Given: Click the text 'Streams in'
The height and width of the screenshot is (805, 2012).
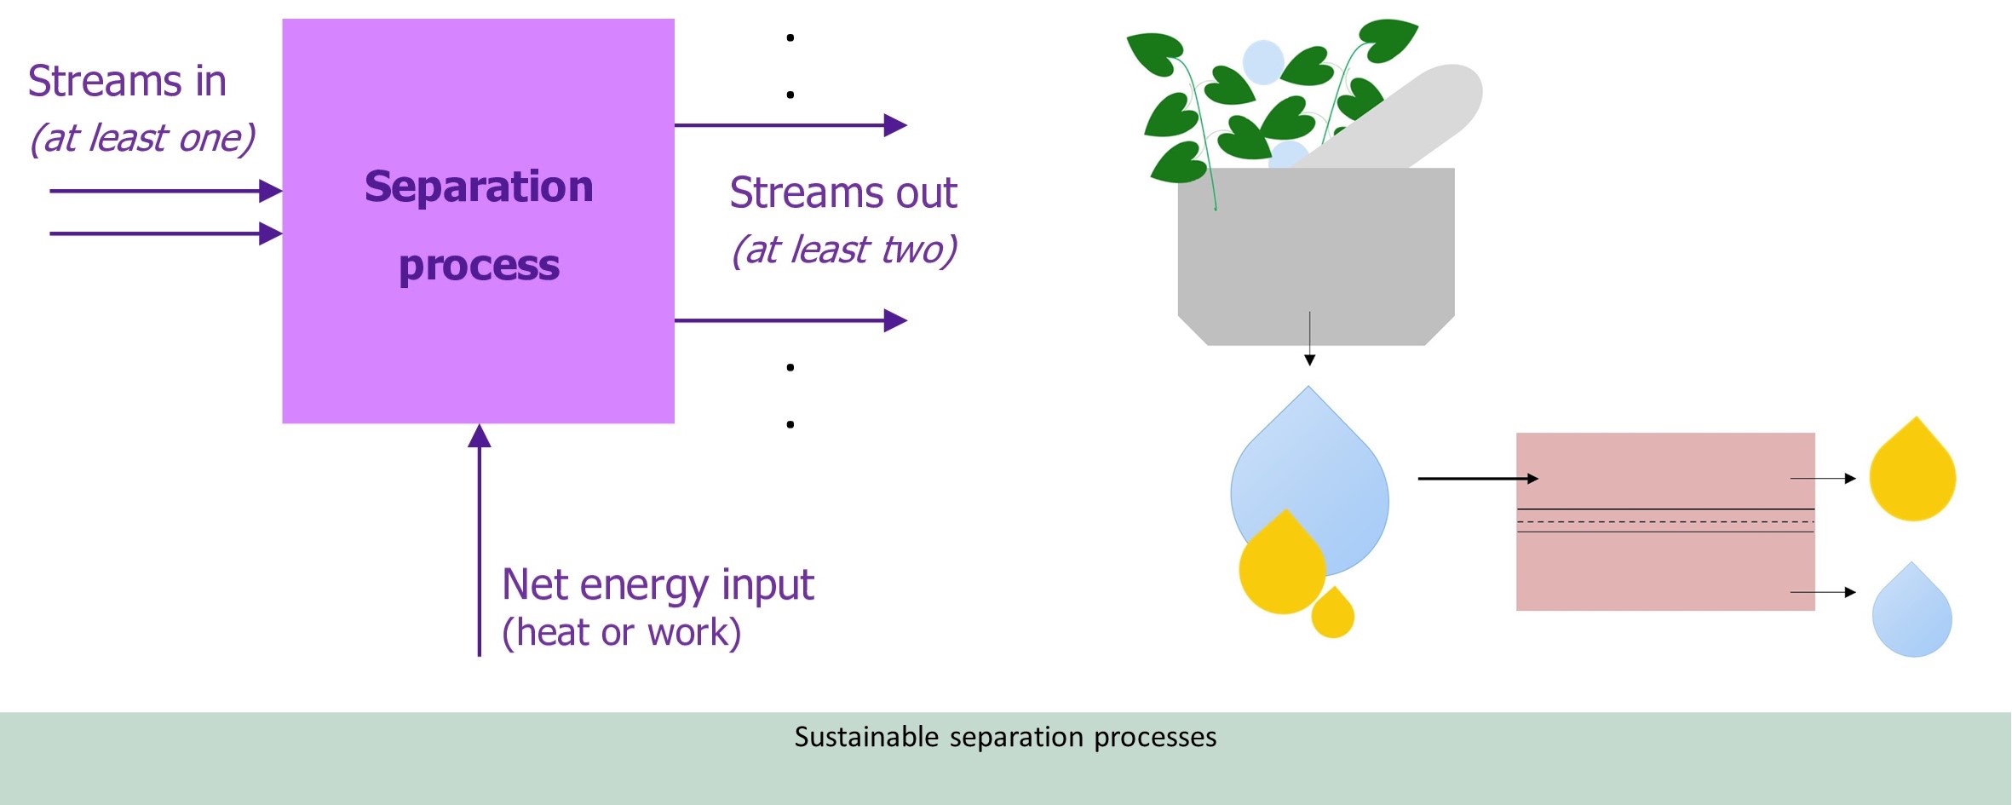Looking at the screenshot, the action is [127, 82].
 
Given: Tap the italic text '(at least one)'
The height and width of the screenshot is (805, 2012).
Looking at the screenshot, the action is [142, 138].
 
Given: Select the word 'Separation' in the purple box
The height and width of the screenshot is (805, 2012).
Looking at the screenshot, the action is [479, 187].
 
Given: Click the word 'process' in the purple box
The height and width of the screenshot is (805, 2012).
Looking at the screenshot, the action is [479, 267].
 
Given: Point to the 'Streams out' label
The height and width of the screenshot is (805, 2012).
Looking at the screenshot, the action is [843, 193].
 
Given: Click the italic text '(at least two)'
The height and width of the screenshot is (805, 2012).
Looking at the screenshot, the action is [843, 250].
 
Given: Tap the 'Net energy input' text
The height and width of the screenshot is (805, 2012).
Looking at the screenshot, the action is [658, 585].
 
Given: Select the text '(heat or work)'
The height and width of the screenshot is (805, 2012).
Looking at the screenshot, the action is [622, 633].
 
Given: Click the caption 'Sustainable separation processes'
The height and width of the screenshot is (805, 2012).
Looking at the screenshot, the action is [1005, 737].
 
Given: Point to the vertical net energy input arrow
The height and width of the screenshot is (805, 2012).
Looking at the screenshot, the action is [480, 540].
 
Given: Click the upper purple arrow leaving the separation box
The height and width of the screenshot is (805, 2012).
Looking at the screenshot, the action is [790, 125].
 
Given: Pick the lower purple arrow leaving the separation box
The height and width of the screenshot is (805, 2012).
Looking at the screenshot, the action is [790, 320].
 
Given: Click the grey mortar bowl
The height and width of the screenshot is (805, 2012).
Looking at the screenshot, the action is [1316, 256].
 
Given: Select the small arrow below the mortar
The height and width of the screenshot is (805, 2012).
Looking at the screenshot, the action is [1310, 339].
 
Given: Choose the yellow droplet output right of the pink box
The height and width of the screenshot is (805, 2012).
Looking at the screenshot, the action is [1912, 473].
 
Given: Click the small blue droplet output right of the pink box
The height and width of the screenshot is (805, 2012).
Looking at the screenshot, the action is [1912, 613].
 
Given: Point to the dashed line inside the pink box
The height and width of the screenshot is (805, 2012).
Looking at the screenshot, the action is [1665, 520].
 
